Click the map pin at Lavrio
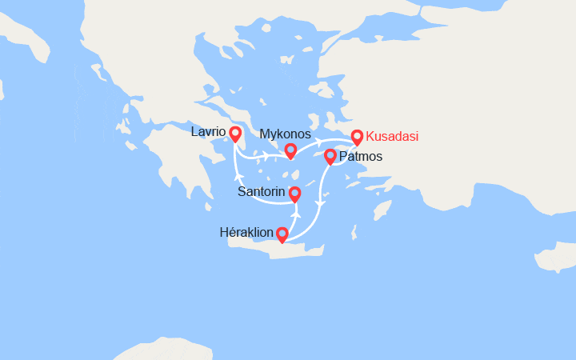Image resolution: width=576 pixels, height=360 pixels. [x=235, y=134]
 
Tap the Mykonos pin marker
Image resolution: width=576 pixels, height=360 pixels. [x=290, y=150]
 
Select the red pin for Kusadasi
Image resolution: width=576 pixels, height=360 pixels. [x=357, y=138]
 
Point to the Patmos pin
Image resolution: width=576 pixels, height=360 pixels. [x=330, y=156]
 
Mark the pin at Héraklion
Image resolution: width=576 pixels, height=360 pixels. [x=282, y=234]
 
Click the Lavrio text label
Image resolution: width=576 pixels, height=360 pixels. [x=208, y=131]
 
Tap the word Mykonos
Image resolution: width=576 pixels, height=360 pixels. [x=286, y=134]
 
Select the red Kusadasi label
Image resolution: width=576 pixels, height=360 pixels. [x=392, y=136]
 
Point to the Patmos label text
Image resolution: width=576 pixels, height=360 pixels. [x=361, y=157]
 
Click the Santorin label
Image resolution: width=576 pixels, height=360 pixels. [x=262, y=192]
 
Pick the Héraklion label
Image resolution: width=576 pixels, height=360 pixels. [x=246, y=232]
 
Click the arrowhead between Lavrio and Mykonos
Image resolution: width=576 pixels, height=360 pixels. [x=265, y=152]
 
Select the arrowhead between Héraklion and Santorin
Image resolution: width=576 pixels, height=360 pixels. [x=295, y=215]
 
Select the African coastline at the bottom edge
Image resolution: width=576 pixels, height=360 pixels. [x=160, y=350]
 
